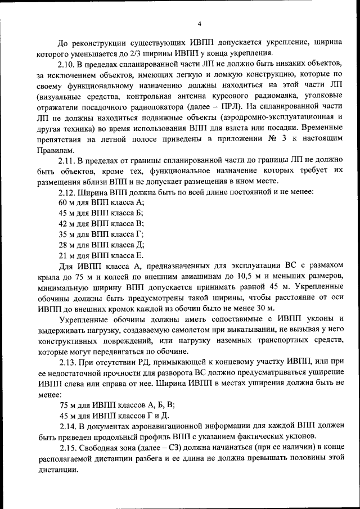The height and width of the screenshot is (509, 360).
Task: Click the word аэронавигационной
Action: pos(176,426)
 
